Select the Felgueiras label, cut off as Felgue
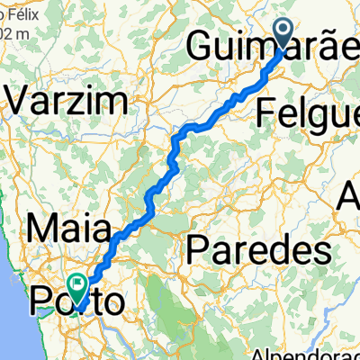[x=306, y=112]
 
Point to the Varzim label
[x=45, y=101]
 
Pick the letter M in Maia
[x=43, y=224]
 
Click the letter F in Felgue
[x=265, y=112]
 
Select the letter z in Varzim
[x=61, y=101]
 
